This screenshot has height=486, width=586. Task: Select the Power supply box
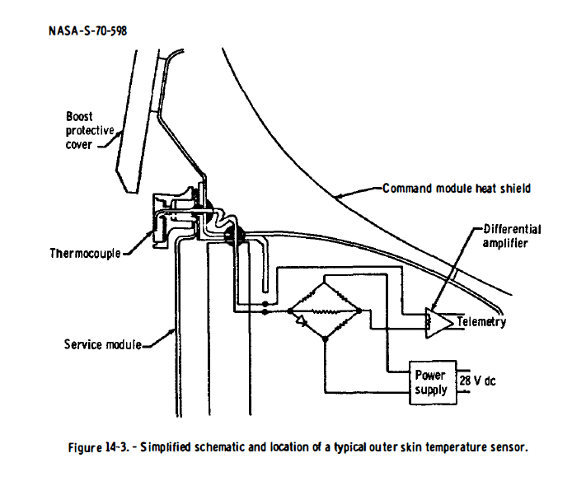tap(431, 382)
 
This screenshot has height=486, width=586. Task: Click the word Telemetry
tap(481, 322)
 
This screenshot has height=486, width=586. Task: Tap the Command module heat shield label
tap(456, 189)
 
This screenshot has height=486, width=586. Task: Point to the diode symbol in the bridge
tap(303, 319)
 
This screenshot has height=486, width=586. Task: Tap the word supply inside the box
tap(432, 390)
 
